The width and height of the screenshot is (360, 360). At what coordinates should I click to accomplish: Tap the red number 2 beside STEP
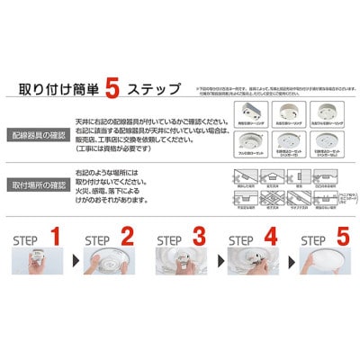click(x=127, y=240)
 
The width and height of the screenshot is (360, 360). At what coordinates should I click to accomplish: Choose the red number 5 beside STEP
click(x=343, y=240)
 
